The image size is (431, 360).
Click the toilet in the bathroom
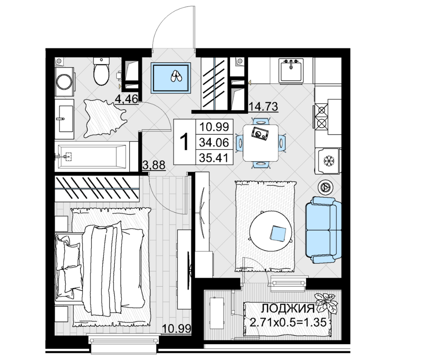[x=101, y=72]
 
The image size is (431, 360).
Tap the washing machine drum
[x=64, y=82]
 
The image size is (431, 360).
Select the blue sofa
[x=324, y=230]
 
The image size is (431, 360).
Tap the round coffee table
[x=271, y=231]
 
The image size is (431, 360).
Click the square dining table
[x=260, y=143]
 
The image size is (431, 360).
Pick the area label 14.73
[x=263, y=107]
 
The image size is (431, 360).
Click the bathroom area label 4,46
[x=127, y=99]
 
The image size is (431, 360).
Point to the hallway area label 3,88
[x=154, y=165]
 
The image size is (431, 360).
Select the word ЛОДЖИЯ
[x=287, y=308]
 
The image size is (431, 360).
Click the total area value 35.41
[x=214, y=158]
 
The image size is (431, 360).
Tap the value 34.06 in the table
[x=214, y=142]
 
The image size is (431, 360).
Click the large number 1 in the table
[x=184, y=142]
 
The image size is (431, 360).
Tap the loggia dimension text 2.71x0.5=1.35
[x=288, y=322]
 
